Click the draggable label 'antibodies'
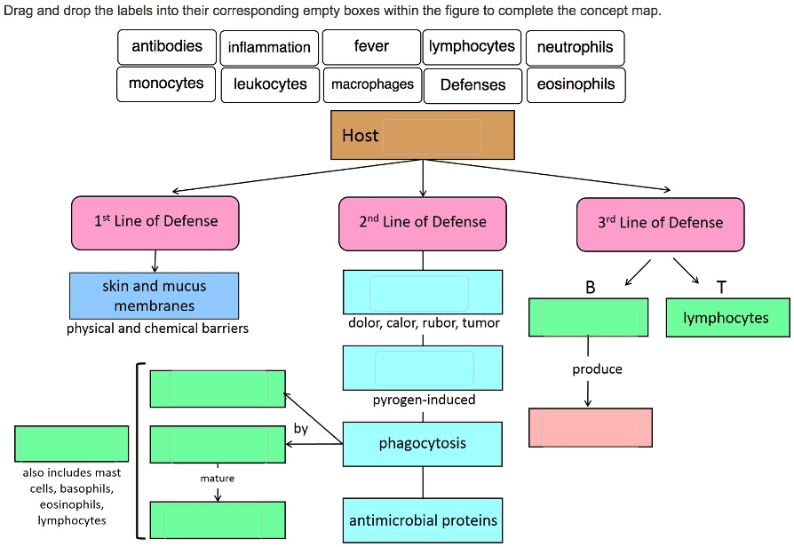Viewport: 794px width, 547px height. coord(167,47)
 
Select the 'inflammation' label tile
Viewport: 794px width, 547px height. coord(269,47)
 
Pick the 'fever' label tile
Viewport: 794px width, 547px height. coord(371,47)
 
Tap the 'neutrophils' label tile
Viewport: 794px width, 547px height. coord(575,47)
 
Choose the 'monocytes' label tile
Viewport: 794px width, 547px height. coord(166,84)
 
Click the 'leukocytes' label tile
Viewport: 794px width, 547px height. coord(270,84)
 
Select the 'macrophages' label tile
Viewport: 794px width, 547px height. coord(372,84)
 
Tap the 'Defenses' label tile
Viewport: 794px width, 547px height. coord(472,84)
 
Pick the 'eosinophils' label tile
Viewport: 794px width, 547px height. coord(576,84)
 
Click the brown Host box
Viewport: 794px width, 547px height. coord(422,136)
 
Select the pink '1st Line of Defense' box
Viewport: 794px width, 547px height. coord(155,222)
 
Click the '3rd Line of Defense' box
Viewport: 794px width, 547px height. coord(660,223)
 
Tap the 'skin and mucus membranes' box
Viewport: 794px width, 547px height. coord(155,296)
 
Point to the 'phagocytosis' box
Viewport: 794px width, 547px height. coord(422,443)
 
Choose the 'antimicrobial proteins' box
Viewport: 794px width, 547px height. coord(422,520)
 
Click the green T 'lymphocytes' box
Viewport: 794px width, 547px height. coord(727,318)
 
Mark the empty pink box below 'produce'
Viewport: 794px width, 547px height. coord(590,428)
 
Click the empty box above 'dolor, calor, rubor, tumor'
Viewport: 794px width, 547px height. coord(422,292)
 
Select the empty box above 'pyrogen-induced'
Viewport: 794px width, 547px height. coord(422,368)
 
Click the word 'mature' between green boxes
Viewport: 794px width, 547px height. coord(218,479)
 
